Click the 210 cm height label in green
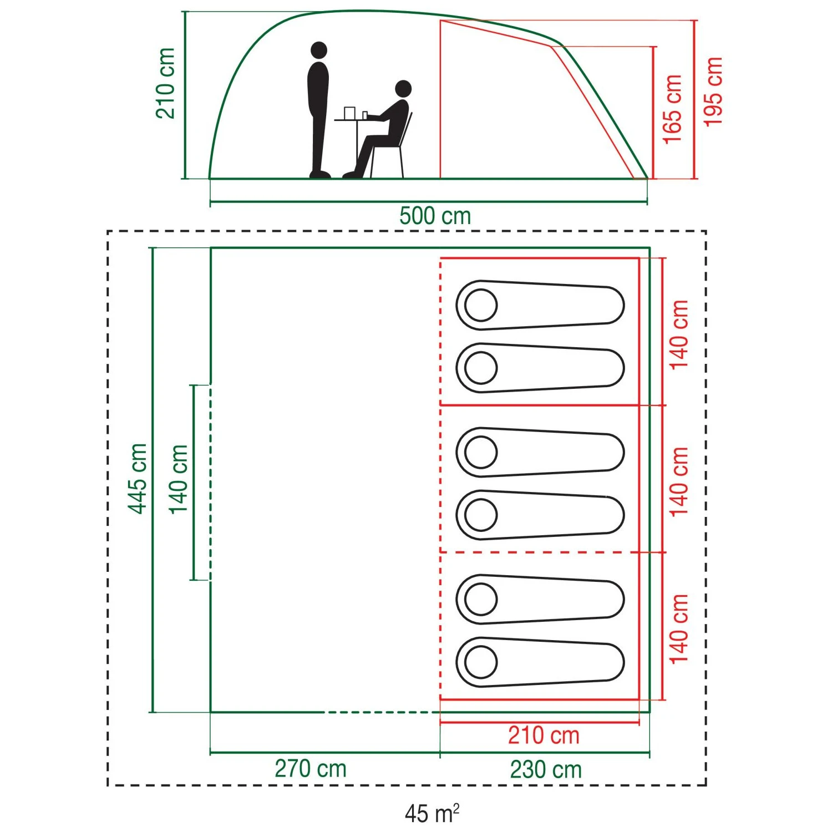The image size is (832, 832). pos(165,83)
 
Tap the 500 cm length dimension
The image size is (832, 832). pos(435,216)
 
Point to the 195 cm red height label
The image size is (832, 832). pos(713,92)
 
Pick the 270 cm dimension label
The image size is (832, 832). pos(311,769)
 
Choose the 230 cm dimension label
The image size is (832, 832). pos(546,769)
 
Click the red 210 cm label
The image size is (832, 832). pos(544,735)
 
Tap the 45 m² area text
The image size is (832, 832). pos(432,813)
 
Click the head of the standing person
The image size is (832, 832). pos(319,50)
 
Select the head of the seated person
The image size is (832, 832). pos(403,88)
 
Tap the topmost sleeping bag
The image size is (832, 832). pos(540,305)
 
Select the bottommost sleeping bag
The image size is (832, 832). pos(540,662)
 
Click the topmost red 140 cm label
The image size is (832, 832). pos(679,334)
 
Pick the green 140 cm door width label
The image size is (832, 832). pos(179,479)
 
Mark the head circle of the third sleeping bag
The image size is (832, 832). pos(480,452)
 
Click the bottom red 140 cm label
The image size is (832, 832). pos(679,628)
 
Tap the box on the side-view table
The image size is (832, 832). pos(349,113)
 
